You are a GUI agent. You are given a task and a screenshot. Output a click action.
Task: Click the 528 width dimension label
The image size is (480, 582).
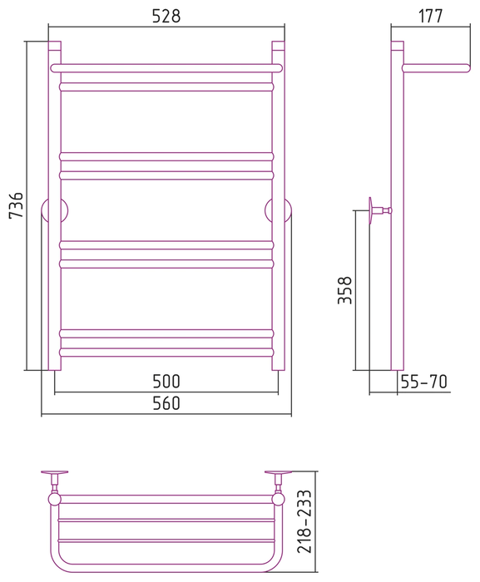pyautogui.click(x=166, y=17)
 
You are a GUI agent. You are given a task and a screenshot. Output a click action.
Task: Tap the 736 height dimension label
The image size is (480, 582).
pyautogui.click(x=17, y=205)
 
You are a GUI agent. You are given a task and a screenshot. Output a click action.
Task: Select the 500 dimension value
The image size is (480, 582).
pyautogui.click(x=166, y=381)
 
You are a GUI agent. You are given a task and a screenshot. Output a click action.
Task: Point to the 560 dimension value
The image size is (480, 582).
pyautogui.click(x=166, y=403)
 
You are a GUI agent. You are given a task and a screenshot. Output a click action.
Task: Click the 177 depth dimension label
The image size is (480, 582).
pyautogui.click(x=431, y=17)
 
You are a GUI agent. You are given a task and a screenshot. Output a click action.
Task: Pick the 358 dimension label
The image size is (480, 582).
pyautogui.click(x=344, y=290)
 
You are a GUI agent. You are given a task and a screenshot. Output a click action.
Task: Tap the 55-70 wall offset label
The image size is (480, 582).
pyautogui.click(x=424, y=382)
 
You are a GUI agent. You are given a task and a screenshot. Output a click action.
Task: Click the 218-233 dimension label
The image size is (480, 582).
pyautogui.click(x=304, y=521)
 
